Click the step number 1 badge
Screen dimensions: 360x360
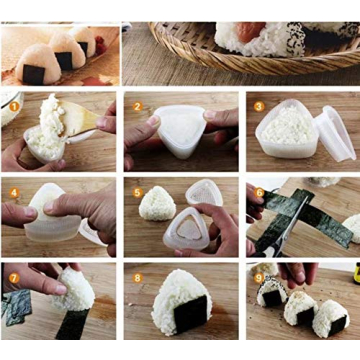point(13,105)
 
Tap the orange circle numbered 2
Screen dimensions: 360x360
point(137,105)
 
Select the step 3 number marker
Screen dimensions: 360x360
point(259,105)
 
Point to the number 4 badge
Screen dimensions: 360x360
point(13,191)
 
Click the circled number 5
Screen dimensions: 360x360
point(137,191)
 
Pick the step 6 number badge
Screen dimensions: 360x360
point(259,191)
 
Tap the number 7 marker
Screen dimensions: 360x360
point(13,276)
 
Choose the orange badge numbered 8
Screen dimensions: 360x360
point(137,276)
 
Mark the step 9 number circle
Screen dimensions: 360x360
point(259,276)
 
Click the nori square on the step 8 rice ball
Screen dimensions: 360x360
point(190,315)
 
